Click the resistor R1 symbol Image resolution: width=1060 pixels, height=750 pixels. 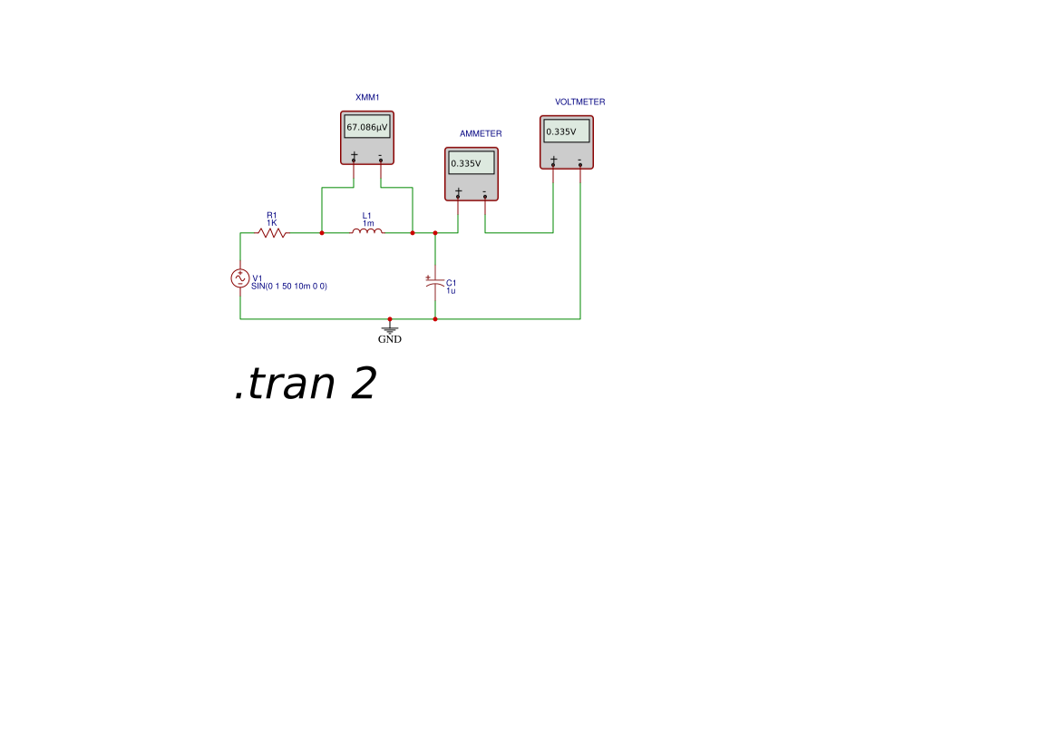tap(271, 233)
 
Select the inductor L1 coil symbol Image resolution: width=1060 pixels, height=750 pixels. tap(367, 232)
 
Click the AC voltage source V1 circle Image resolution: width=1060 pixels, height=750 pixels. tap(240, 278)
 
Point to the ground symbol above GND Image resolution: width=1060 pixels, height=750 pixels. tap(389, 328)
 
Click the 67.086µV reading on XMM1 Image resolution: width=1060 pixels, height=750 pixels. tap(367, 127)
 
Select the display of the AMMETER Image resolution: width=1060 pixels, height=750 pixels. tap(472, 163)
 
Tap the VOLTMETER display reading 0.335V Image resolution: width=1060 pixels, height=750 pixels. tap(567, 131)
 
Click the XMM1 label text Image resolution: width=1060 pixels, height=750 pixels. tap(367, 97)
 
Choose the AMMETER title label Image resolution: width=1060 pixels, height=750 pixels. tap(481, 134)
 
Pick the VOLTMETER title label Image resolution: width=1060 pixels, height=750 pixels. tap(580, 102)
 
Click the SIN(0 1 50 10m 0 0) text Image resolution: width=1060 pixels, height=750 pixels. tap(289, 287)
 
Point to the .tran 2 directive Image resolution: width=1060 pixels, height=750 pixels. tap(305, 384)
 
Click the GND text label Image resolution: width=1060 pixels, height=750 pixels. tap(389, 339)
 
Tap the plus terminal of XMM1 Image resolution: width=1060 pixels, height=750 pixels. tap(354, 158)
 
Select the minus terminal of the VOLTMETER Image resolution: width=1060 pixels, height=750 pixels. tap(580, 162)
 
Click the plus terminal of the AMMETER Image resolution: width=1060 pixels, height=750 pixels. tap(458, 194)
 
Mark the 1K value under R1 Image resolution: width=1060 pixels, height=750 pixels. tap(272, 223)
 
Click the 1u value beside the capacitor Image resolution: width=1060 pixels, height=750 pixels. tap(451, 291)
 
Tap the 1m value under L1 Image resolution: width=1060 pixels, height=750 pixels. tap(368, 224)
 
